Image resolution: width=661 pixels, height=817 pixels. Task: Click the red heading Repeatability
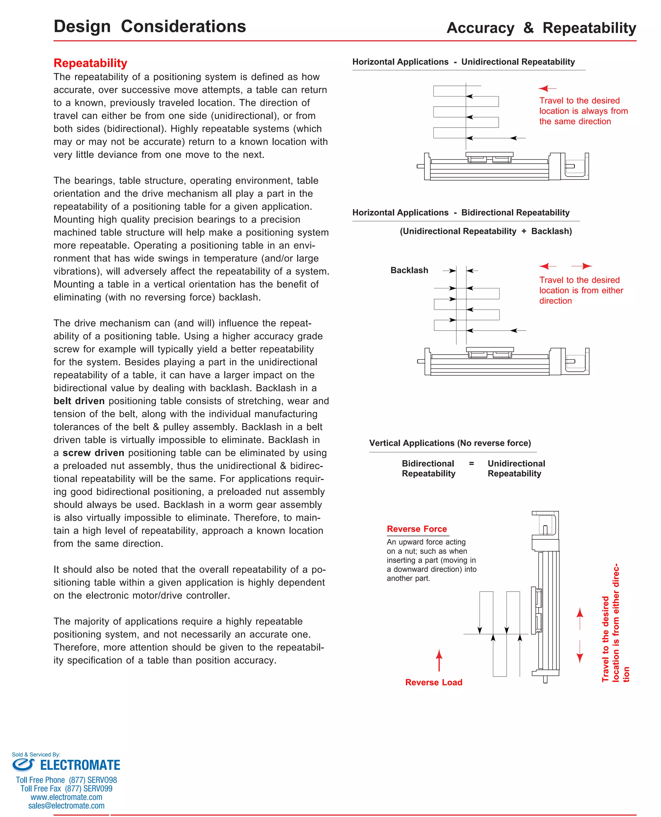point(90,63)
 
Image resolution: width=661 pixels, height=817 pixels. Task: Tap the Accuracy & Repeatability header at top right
point(541,28)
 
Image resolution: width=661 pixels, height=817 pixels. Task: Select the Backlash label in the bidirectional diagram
point(409,270)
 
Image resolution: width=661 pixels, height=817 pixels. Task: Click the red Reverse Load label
point(433,682)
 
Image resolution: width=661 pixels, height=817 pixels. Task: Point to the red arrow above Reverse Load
point(439,660)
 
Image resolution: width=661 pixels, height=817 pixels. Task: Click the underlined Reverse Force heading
point(417,529)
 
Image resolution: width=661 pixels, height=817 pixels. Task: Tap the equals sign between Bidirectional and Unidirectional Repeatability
point(471,463)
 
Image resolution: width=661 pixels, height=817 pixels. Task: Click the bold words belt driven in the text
point(79,401)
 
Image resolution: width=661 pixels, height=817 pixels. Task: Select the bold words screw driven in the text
point(93,452)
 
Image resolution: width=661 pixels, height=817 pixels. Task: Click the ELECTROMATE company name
point(80,765)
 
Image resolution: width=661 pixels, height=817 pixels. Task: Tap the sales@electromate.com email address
point(66,806)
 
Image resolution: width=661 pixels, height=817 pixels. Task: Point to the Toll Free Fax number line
point(66,789)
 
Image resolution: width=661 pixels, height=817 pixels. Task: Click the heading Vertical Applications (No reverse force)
point(450,443)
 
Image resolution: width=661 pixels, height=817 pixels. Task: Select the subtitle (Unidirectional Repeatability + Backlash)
point(485,231)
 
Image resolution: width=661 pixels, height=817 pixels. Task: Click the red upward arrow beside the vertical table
point(580,618)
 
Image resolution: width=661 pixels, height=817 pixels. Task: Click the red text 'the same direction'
point(575,121)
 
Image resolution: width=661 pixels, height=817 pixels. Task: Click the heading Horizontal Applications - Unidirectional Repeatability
point(463,62)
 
